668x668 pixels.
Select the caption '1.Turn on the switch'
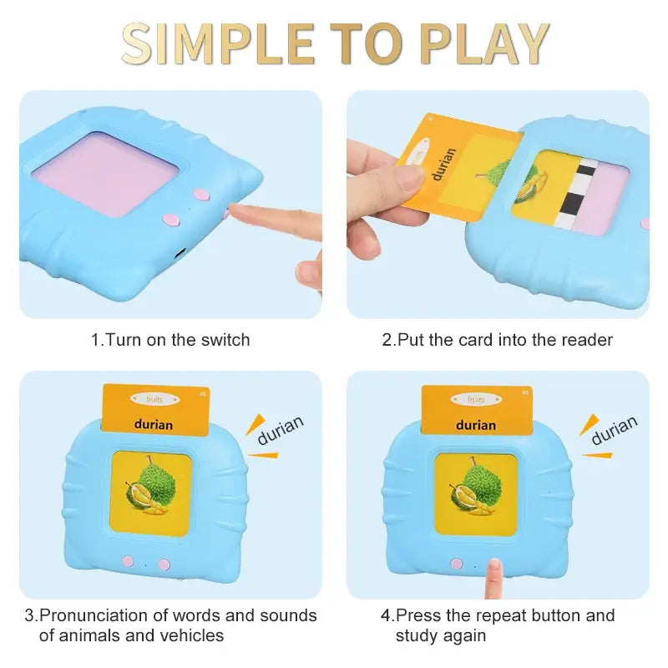170,340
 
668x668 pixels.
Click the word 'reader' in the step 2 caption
584,340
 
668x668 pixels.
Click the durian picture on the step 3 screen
151,492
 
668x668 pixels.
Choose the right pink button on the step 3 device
164,564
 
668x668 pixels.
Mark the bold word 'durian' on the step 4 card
476,425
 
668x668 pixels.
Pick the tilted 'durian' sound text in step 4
614,430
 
